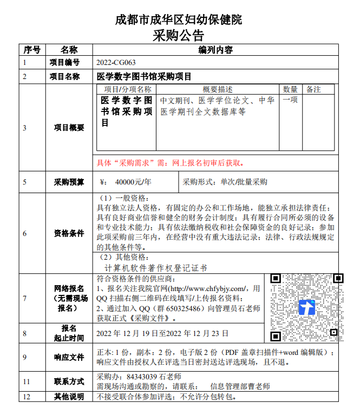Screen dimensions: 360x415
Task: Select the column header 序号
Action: click(32, 50)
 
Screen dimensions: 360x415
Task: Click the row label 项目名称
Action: click(65, 76)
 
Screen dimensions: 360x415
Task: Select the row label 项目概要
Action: click(69, 128)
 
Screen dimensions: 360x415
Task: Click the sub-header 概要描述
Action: click(218, 89)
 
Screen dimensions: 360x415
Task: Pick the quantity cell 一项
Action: click(290, 100)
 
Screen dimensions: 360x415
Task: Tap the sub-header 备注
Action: click(313, 89)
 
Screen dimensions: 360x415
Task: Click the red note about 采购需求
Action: click(169, 163)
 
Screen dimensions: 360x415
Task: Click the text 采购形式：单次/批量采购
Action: click(225, 182)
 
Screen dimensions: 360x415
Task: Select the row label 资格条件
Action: click(69, 233)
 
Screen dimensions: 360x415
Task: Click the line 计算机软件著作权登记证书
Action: click(155, 268)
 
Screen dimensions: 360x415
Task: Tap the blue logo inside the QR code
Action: click(307, 308)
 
